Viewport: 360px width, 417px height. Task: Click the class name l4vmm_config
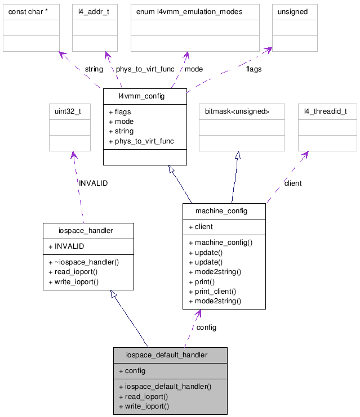pyautogui.click(x=141, y=96)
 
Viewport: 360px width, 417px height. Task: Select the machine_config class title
pyautogui.click(x=221, y=211)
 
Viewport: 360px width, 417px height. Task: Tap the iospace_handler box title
pyautogui.click(x=86, y=230)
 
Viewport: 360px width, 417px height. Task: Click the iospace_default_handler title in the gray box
pyautogui.click(x=167, y=355)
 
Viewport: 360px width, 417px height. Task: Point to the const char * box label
pyautogui.click(x=27, y=12)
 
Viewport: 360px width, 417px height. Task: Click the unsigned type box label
pyautogui.click(x=293, y=12)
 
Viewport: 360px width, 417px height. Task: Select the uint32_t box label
pyautogui.click(x=68, y=111)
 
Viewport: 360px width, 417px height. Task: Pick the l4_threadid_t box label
pyautogui.click(x=326, y=111)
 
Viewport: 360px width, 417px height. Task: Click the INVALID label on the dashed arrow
pyautogui.click(x=93, y=183)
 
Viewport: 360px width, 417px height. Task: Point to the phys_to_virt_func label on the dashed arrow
pyautogui.click(x=145, y=69)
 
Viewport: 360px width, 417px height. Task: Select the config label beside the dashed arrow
pyautogui.click(x=206, y=327)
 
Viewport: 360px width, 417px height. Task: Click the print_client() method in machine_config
pyautogui.click(x=215, y=292)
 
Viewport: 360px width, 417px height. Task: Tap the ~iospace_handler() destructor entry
pyautogui.click(x=87, y=262)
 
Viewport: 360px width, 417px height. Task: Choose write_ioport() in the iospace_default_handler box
pyautogui.click(x=146, y=406)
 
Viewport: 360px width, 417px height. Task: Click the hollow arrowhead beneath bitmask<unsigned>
pyautogui.click(x=238, y=155)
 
